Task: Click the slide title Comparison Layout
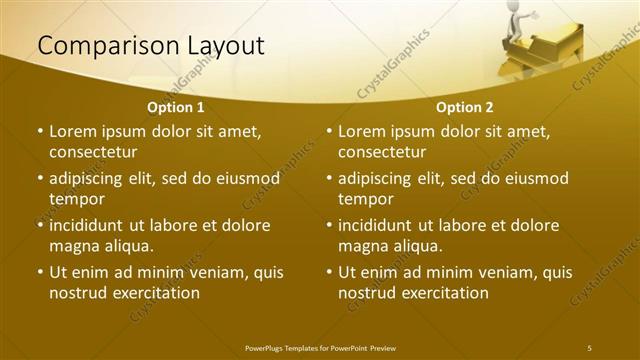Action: tap(151, 46)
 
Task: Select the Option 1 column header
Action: tap(176, 106)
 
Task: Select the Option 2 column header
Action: tap(465, 106)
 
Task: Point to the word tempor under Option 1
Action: tap(76, 199)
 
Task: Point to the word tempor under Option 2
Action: tap(365, 199)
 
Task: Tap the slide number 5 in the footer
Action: tap(589, 347)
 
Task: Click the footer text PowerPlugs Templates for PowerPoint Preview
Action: tap(320, 347)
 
